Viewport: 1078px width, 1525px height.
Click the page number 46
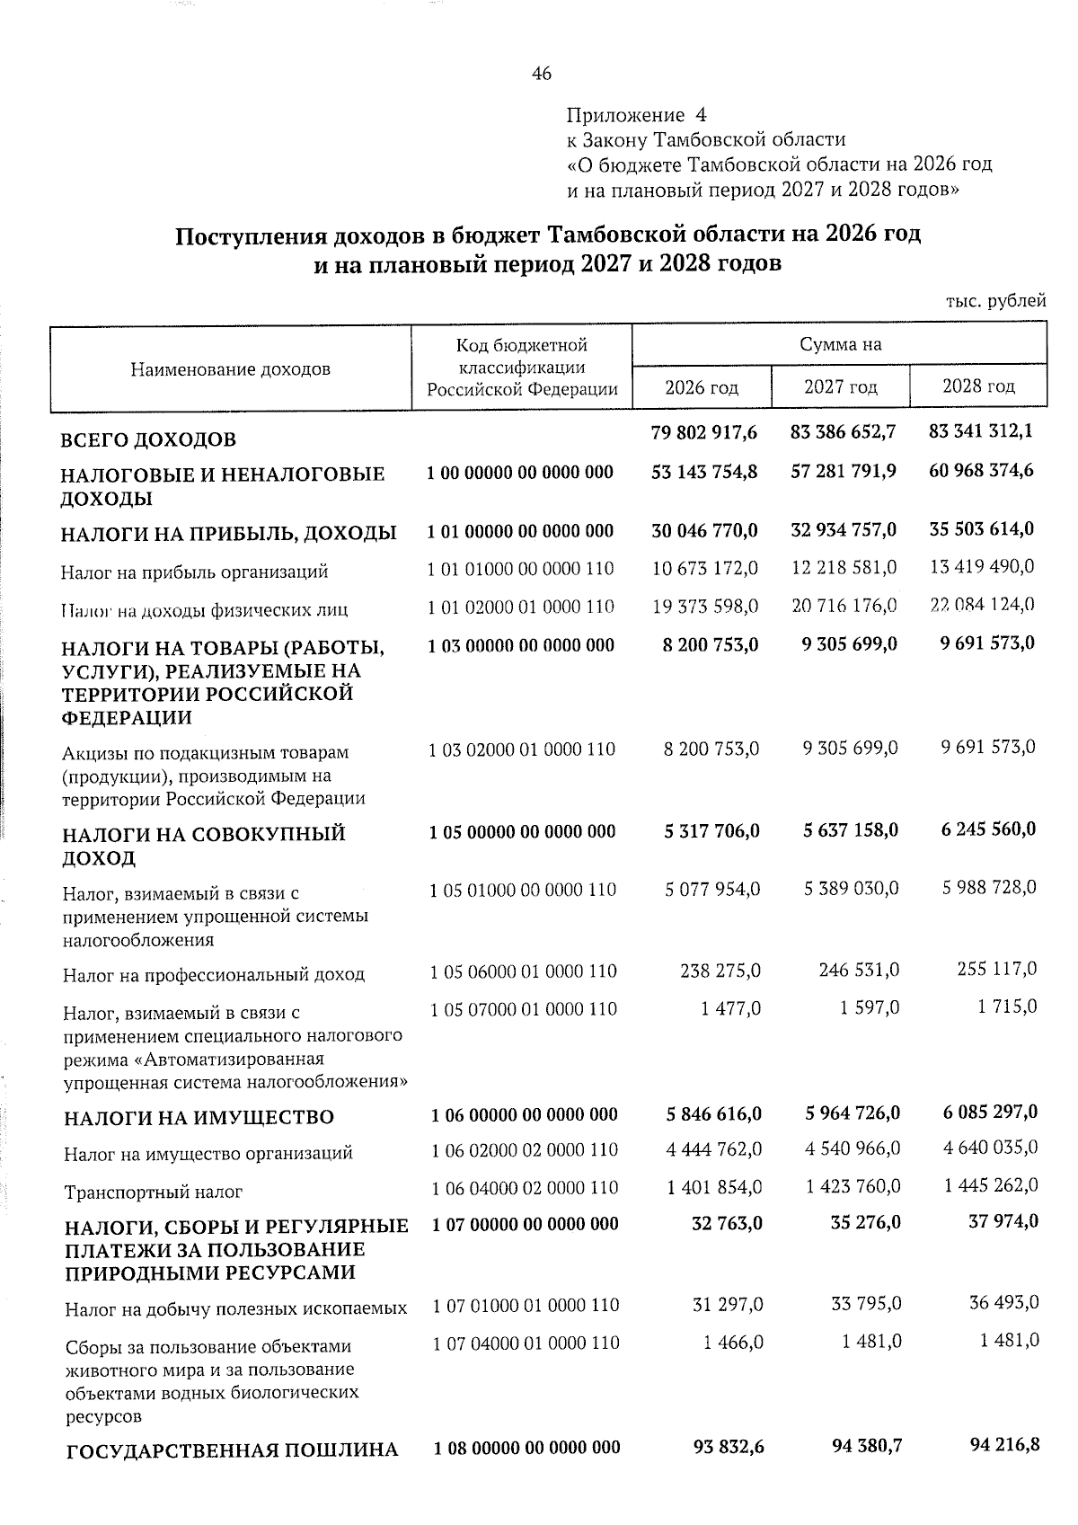(541, 75)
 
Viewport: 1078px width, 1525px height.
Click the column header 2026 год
(702, 387)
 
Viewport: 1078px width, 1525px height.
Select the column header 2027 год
(840, 387)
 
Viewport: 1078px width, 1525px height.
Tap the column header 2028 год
(978, 386)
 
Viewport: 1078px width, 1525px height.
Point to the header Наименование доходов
(231, 369)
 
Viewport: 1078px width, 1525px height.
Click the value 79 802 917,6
(703, 432)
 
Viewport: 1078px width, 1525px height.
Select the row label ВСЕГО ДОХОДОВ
(148, 440)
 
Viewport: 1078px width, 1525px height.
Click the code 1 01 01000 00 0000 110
(521, 569)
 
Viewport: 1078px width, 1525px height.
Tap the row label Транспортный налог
(153, 1193)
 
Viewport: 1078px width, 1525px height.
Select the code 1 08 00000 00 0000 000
(526, 1447)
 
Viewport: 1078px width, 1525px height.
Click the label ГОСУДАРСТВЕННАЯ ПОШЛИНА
(232, 1450)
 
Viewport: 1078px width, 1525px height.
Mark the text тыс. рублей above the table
(995, 301)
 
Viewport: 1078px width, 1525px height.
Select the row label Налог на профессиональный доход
(214, 974)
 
